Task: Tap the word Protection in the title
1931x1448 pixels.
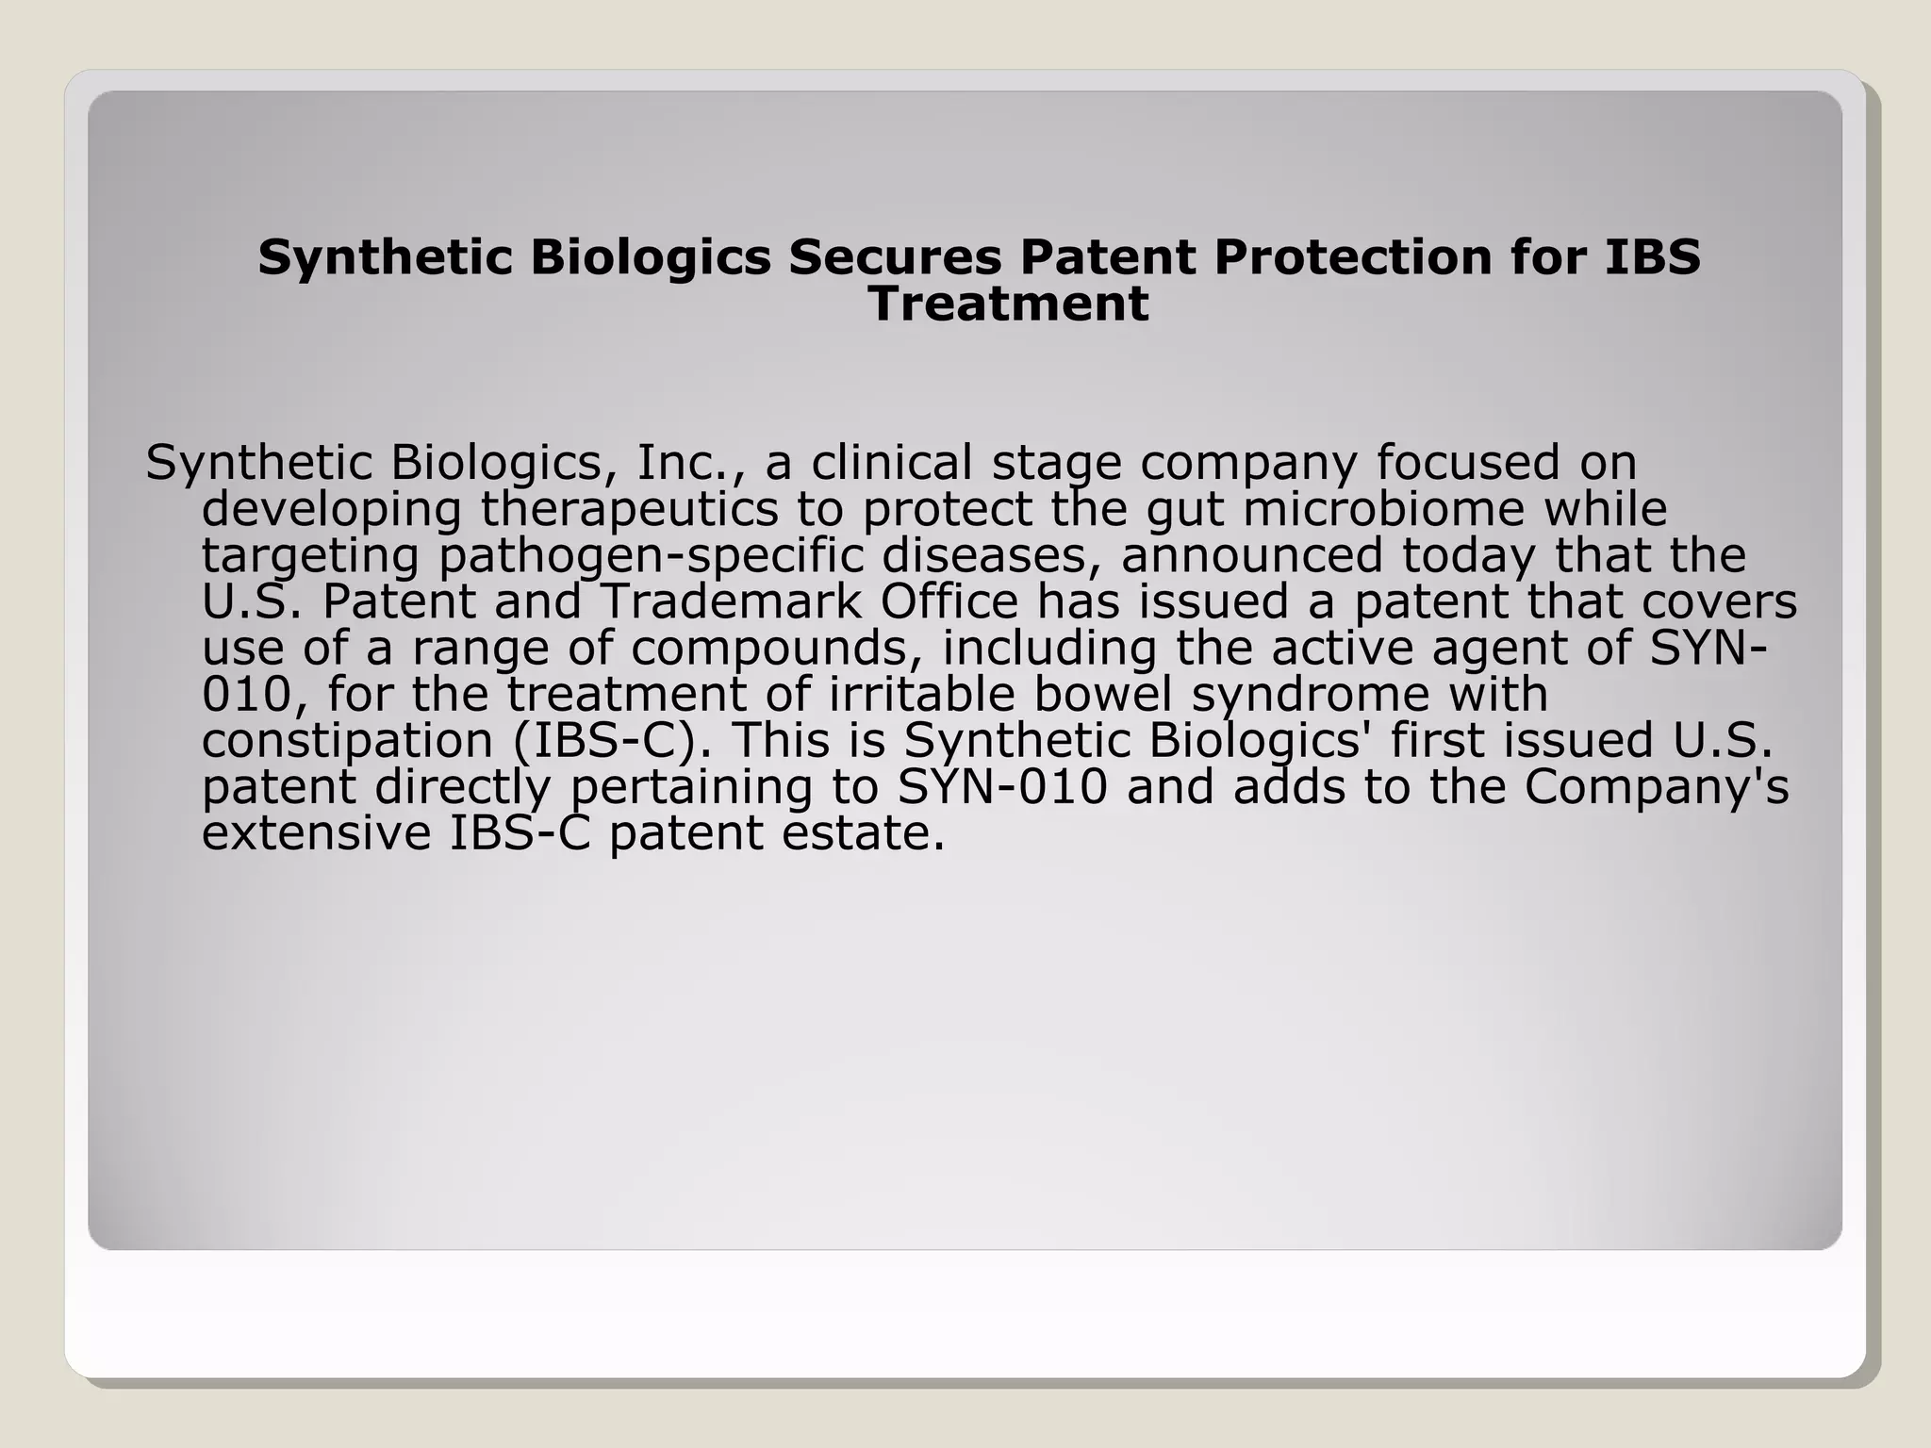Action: coord(1353,257)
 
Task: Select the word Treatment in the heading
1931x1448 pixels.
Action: coord(1008,304)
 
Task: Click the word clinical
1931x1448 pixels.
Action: coord(891,462)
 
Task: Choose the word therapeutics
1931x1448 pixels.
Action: coord(630,509)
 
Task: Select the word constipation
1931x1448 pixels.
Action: coord(348,741)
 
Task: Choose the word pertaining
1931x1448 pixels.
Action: coord(691,787)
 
